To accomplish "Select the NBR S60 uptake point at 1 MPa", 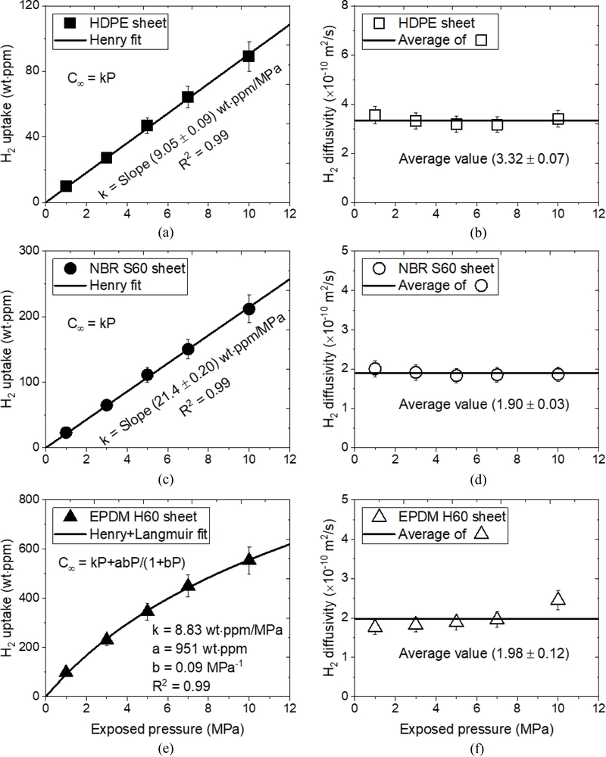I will [66, 433].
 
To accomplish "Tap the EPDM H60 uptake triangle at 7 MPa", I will [188, 585].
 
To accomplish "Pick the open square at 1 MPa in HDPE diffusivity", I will [374, 116].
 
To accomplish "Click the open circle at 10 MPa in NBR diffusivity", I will [558, 374].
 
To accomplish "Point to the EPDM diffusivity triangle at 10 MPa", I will [558, 599].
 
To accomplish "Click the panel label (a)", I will [167, 233].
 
